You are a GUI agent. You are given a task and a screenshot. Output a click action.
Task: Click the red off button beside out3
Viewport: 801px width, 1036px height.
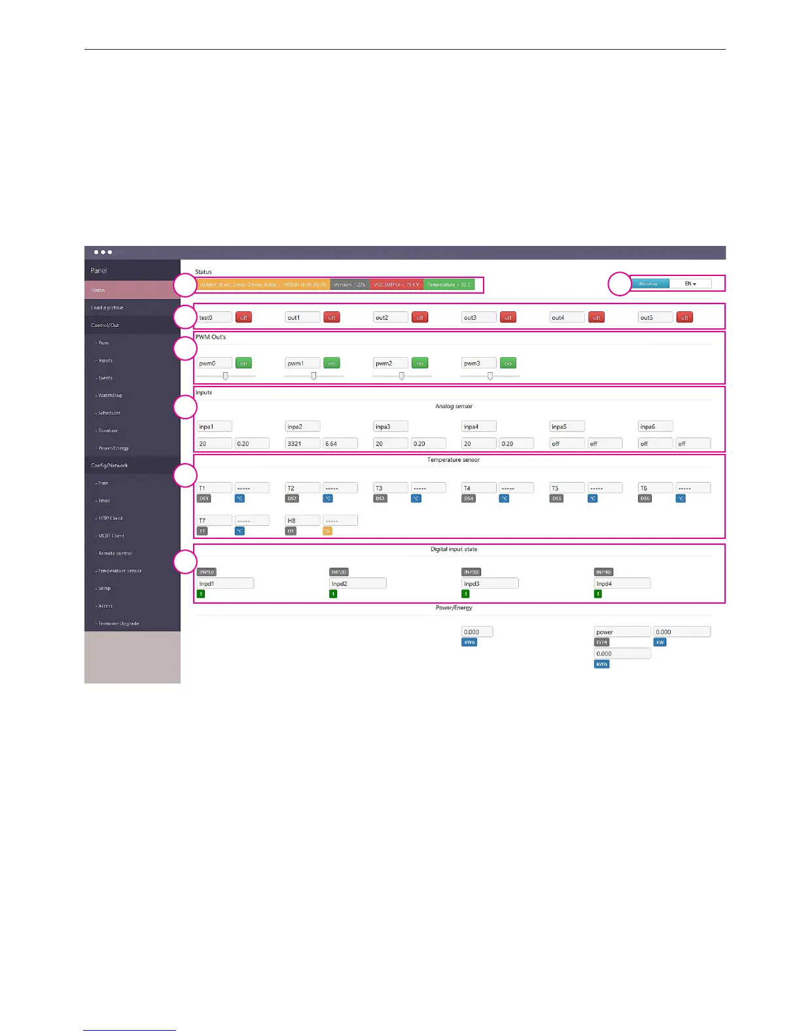[x=508, y=317]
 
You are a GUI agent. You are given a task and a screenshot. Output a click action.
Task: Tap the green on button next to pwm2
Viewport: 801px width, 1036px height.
[x=419, y=363]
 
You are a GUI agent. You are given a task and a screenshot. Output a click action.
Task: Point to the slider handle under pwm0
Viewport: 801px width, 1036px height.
[x=225, y=376]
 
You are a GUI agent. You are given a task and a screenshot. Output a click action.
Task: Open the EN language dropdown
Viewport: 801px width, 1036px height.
[x=690, y=284]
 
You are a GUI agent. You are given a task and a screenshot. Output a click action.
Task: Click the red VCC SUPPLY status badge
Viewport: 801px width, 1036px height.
[x=397, y=285]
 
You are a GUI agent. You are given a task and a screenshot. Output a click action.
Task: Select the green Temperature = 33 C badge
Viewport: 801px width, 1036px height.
[x=449, y=285]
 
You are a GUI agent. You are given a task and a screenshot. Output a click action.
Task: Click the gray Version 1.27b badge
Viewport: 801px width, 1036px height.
[x=350, y=285]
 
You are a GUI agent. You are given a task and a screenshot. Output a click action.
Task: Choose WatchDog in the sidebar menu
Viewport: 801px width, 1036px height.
[x=110, y=396]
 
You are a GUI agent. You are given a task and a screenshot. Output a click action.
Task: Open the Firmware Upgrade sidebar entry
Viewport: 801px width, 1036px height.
[x=118, y=624]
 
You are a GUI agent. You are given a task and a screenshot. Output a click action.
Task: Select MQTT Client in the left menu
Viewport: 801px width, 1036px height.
[x=111, y=536]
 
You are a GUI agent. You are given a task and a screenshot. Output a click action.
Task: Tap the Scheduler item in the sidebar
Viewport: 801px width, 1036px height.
[x=109, y=413]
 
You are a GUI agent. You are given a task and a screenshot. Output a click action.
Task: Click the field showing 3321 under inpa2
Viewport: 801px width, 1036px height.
[x=303, y=443]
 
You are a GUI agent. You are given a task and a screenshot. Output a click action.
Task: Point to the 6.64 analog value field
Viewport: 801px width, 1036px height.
[x=340, y=443]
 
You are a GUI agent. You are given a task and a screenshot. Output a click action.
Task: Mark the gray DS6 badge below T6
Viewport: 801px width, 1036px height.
[x=645, y=498]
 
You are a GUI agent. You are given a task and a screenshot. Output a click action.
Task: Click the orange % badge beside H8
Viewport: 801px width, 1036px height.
[x=328, y=531]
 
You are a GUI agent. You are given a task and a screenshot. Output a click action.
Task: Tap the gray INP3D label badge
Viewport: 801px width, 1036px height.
[x=471, y=572]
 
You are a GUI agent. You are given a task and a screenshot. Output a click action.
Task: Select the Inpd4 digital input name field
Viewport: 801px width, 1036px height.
[x=622, y=583]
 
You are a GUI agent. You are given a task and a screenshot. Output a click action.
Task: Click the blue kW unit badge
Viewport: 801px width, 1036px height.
[x=660, y=642]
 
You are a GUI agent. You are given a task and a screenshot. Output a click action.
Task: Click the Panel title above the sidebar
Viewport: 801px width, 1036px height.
[x=99, y=271]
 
